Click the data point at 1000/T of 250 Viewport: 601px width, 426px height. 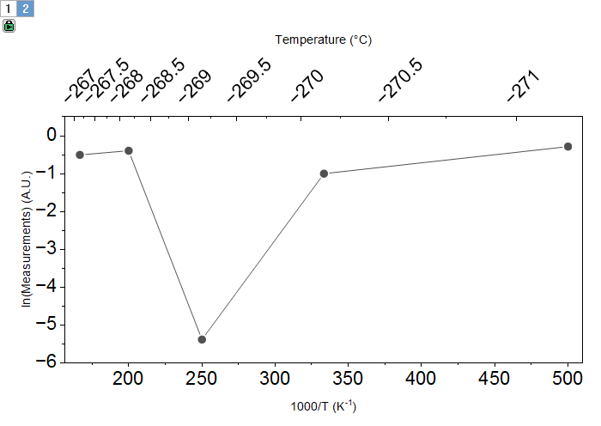pyautogui.click(x=202, y=339)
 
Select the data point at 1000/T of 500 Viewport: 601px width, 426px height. pyautogui.click(x=568, y=147)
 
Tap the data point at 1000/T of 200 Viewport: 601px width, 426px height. pyautogui.click(x=129, y=151)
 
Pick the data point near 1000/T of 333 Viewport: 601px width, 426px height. pyautogui.click(x=324, y=173)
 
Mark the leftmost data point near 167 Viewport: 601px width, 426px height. pyautogui.click(x=80, y=155)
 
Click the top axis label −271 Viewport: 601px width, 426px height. pyautogui.click(x=523, y=86)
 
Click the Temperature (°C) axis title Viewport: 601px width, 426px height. pyautogui.click(x=324, y=40)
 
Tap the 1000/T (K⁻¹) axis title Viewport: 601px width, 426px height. pyautogui.click(x=324, y=406)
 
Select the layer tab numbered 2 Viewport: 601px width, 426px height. pyautogui.click(x=26, y=9)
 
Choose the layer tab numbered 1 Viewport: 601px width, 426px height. pyautogui.click(x=9, y=9)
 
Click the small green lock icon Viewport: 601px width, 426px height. pyautogui.click(x=9, y=26)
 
